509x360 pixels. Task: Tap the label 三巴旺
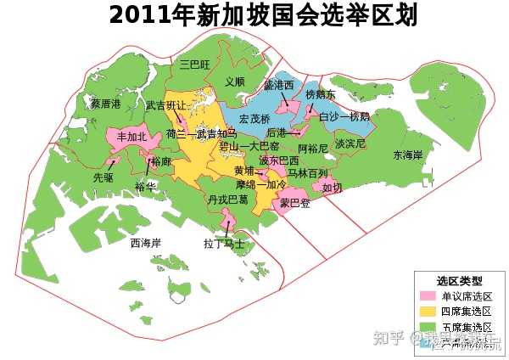pos(195,64)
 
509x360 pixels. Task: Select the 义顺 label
pos(235,82)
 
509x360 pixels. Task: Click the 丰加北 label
pos(131,136)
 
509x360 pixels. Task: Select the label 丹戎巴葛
pos(227,200)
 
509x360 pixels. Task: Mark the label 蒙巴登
pos(295,204)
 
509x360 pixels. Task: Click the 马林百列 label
pos(307,173)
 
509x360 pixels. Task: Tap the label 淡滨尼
pos(350,144)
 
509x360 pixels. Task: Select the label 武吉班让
pos(166,106)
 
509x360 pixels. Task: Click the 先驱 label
pos(103,178)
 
